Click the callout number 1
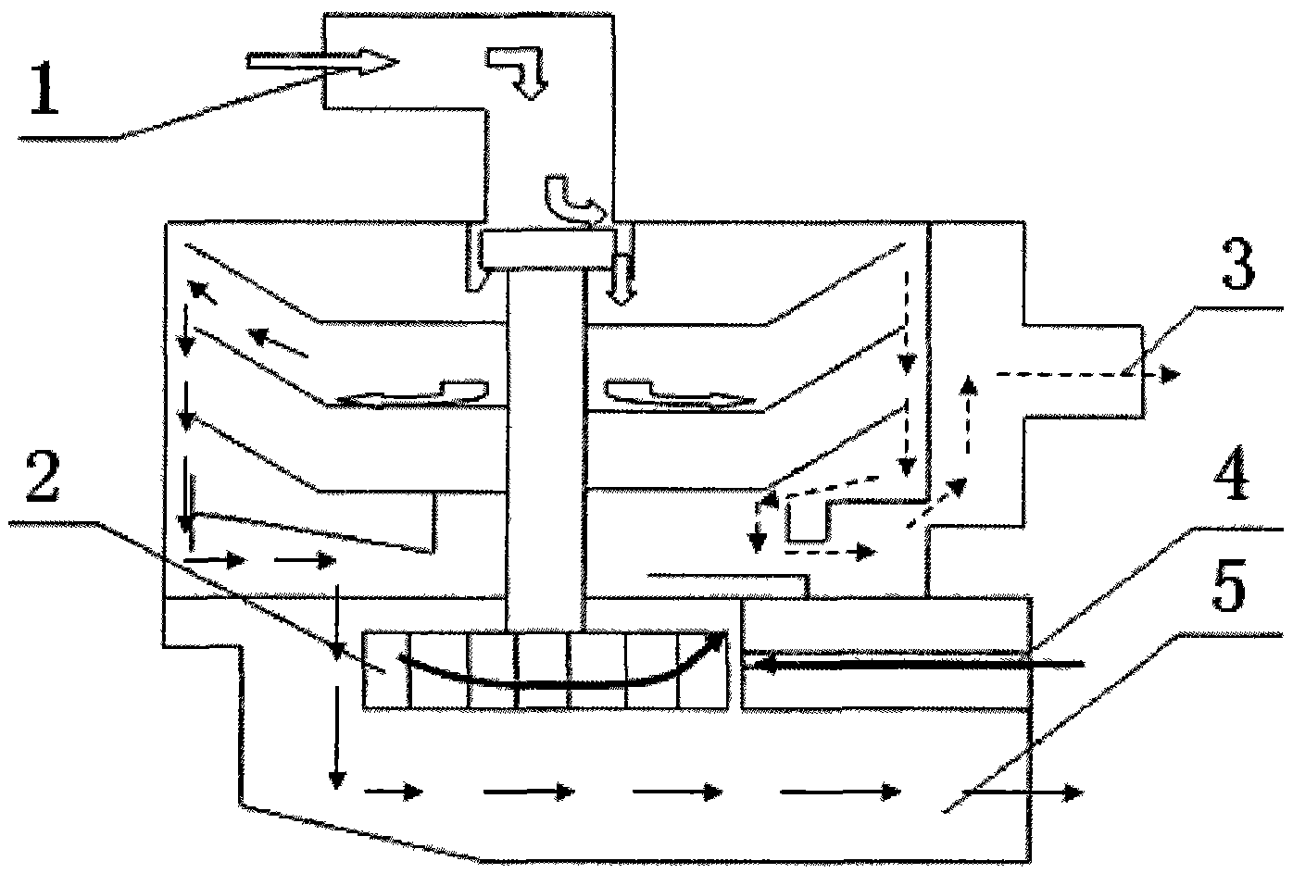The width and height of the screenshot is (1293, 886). point(45,88)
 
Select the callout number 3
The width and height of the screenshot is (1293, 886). point(1237,266)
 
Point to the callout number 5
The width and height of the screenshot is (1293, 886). point(1229,589)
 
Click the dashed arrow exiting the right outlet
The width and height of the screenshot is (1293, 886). point(1086,375)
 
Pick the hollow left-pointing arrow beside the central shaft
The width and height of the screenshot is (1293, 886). point(412,394)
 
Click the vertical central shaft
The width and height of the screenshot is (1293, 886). point(546,451)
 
